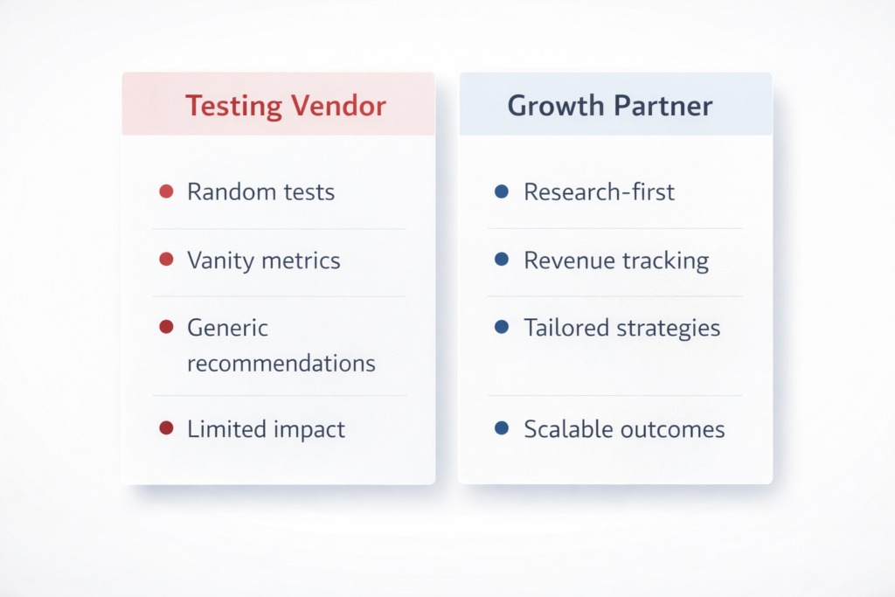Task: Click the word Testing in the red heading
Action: point(233,106)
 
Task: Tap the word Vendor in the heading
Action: point(338,106)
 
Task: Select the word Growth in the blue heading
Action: point(555,106)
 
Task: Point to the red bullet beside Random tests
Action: point(166,191)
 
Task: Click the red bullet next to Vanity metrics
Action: point(166,260)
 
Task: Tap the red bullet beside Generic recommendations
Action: point(166,327)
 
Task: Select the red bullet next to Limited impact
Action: point(166,428)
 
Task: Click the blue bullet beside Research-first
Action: point(502,191)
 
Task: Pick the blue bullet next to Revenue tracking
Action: point(502,260)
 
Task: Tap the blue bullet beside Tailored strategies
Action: point(502,327)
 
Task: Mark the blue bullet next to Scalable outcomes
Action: point(502,428)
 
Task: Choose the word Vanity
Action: point(216,260)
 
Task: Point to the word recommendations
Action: point(281,363)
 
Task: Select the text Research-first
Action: point(599,192)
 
